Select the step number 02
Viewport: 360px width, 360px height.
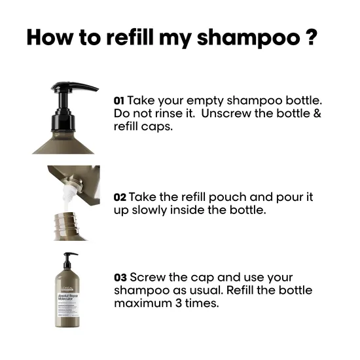pyautogui.click(x=119, y=197)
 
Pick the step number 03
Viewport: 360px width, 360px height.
pyautogui.click(x=119, y=278)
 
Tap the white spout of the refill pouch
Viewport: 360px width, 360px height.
pyautogui.click(x=65, y=193)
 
